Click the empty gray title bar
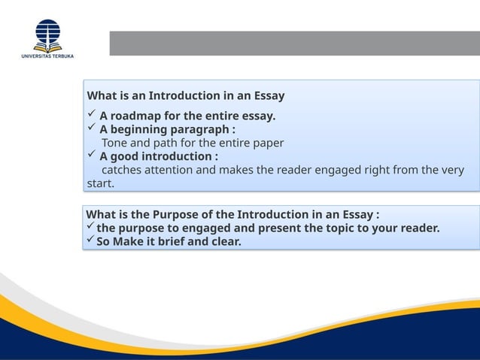coord(294,43)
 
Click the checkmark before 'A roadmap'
coord(91,115)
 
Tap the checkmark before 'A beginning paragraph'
coord(91,129)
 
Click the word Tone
coord(115,143)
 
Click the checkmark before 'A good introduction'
coord(91,156)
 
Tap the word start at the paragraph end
coord(100,183)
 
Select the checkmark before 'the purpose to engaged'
coord(90,228)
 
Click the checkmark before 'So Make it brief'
coord(90,241)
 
